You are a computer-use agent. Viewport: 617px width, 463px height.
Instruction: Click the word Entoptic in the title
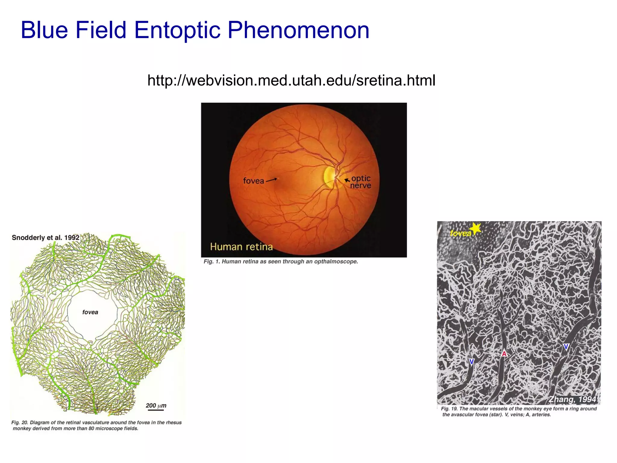point(177,30)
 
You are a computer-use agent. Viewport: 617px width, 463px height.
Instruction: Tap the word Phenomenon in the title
point(298,30)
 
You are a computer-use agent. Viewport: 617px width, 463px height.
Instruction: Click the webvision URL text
point(291,80)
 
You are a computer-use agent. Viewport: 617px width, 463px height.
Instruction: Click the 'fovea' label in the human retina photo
point(253,181)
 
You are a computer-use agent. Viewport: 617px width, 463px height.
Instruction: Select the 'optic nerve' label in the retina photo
point(361,182)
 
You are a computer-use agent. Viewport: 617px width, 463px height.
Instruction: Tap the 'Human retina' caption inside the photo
point(241,247)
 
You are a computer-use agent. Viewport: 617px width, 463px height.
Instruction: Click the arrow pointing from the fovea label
point(271,180)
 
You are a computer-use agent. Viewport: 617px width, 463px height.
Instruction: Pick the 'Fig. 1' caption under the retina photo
point(280,262)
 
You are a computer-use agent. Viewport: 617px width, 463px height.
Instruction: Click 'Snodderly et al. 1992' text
point(45,238)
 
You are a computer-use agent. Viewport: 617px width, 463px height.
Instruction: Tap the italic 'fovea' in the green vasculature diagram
point(90,312)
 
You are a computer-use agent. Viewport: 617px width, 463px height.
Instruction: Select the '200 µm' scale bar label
point(156,406)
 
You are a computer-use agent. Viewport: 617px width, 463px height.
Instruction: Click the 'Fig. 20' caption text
point(96,425)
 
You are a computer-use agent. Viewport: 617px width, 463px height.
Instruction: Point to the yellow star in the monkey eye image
point(476,228)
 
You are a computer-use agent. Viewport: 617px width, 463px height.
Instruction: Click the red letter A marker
point(504,353)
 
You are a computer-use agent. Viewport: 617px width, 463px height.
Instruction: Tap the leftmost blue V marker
point(471,362)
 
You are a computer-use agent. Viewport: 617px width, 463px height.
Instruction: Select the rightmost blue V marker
point(566,347)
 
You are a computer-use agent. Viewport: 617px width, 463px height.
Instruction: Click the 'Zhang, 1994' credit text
point(572,399)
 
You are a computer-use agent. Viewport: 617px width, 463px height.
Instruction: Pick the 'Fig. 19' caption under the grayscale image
point(518,411)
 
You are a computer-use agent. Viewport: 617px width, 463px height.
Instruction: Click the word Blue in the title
point(44,30)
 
